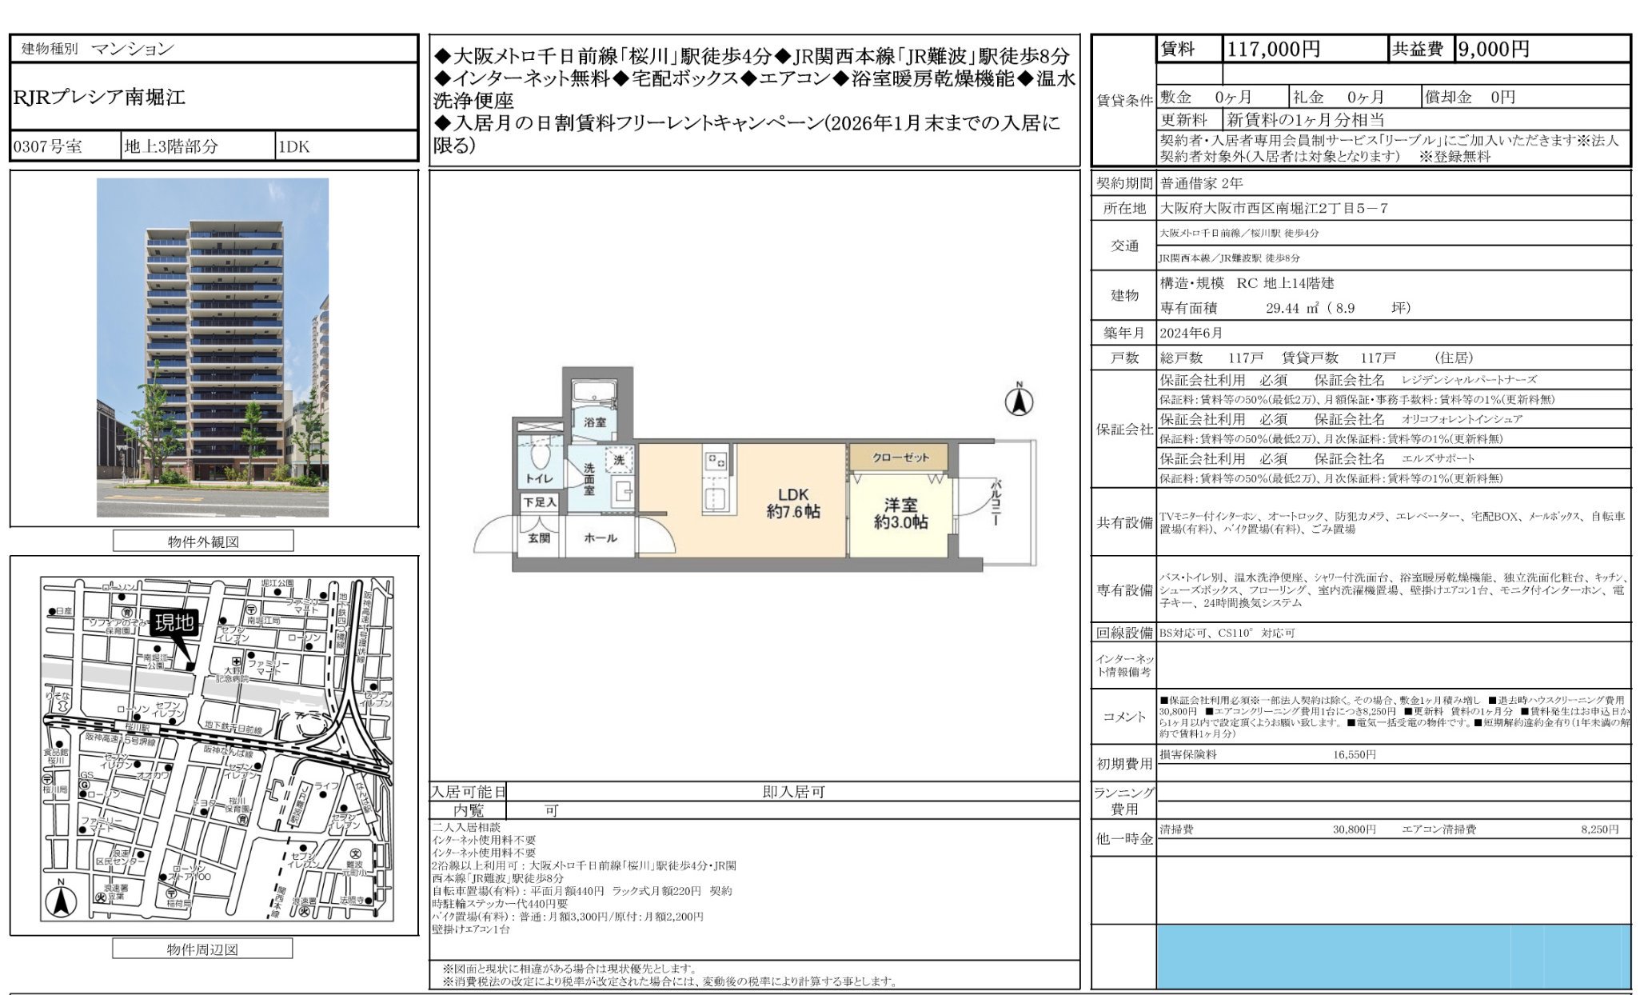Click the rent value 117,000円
coord(1273,49)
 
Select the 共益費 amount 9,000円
coord(1493,49)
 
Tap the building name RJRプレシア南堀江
coord(99,98)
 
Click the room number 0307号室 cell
coord(48,147)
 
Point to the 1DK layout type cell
coord(293,147)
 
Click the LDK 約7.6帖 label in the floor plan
coord(792,503)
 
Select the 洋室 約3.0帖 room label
coord(900,513)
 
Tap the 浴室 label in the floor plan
coord(595,422)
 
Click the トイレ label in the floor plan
coord(539,478)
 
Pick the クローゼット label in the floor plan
coord(900,458)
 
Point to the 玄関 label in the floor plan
coord(538,538)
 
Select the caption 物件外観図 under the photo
coord(203,541)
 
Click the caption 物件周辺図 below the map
coord(202,949)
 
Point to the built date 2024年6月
coord(1191,333)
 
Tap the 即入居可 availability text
coord(792,792)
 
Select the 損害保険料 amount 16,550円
coord(1354,754)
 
